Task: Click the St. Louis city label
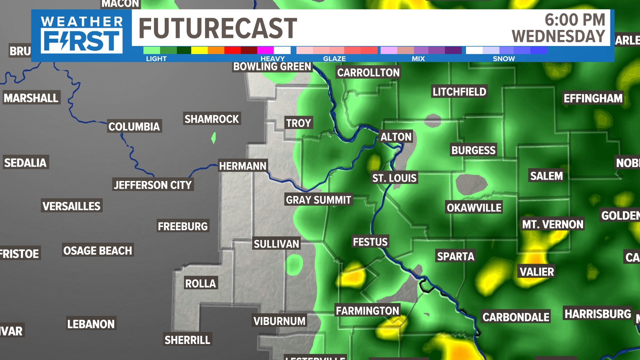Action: [394, 178]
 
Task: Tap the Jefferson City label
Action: [153, 185]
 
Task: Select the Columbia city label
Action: [134, 127]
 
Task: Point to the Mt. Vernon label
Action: [553, 224]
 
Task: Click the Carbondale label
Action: [516, 317]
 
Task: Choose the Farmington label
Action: [367, 311]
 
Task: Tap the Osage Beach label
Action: [98, 250]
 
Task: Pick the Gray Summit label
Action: [318, 200]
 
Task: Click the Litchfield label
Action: [459, 92]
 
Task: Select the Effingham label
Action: [593, 98]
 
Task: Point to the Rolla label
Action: [201, 283]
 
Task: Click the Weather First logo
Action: [82, 35]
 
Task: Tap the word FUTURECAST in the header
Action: [218, 29]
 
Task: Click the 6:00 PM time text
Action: [575, 20]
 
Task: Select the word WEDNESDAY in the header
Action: [558, 36]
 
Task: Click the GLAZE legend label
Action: [334, 59]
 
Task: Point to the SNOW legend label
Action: [504, 59]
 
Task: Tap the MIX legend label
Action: [418, 59]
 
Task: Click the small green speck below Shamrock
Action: [214, 138]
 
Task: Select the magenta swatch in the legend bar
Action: [265, 50]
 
